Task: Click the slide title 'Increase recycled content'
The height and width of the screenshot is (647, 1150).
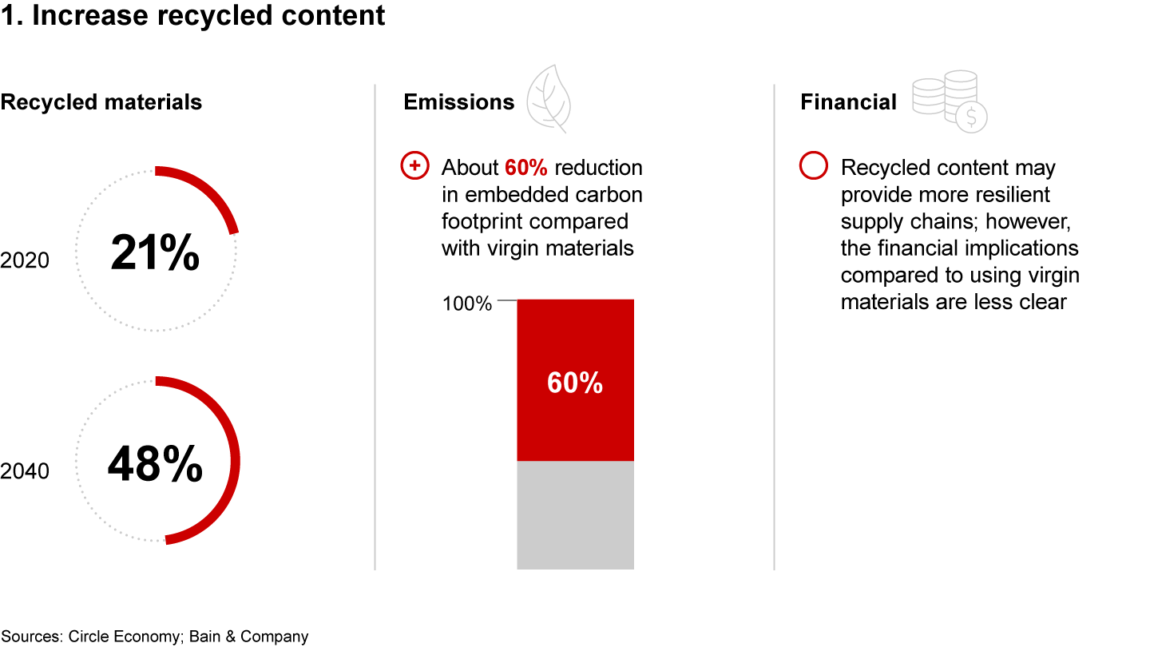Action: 208,15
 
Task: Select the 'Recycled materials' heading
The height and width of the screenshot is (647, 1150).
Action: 101,101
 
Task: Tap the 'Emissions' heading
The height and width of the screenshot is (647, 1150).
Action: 458,101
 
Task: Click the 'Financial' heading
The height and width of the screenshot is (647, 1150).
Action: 848,101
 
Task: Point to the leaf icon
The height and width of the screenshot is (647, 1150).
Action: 549,98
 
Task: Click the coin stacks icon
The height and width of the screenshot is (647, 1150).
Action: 950,101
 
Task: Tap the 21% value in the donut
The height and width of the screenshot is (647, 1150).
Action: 155,252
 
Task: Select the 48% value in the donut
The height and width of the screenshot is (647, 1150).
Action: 155,463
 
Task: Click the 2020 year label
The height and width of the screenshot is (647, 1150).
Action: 25,260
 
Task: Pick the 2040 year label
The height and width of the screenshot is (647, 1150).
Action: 25,471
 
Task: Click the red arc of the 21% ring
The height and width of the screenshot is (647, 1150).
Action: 211,190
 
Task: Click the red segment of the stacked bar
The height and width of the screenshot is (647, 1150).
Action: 575,380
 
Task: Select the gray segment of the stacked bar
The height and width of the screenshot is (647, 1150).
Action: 575,515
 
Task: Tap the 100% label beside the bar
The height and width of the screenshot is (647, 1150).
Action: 466,304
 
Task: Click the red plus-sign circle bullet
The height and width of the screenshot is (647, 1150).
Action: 414,165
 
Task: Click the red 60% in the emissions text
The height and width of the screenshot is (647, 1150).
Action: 525,168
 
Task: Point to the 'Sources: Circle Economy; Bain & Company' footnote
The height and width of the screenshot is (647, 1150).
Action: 155,636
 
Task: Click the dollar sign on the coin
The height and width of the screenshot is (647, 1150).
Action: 971,117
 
